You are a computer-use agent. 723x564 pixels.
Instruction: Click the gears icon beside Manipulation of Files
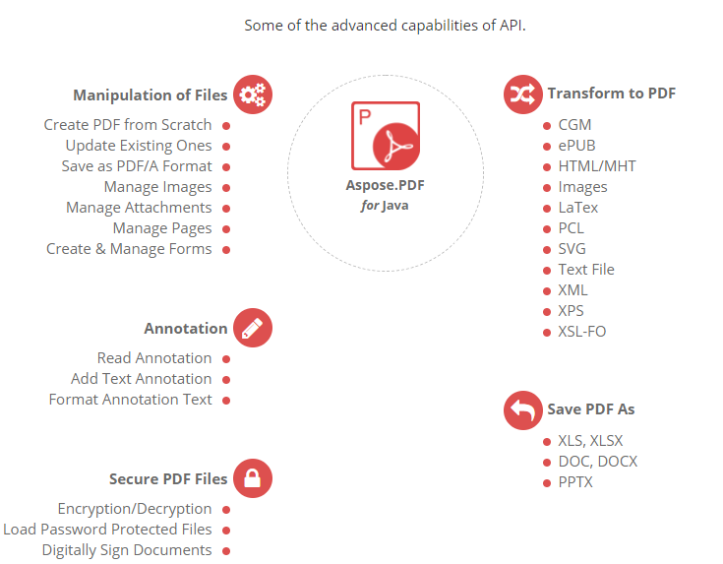(x=253, y=94)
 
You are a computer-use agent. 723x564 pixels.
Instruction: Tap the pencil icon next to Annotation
(x=253, y=329)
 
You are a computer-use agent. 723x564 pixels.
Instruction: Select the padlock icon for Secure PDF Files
(x=253, y=479)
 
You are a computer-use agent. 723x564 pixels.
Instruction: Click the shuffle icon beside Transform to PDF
(x=522, y=94)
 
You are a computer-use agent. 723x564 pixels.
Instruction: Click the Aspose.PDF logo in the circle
(x=386, y=136)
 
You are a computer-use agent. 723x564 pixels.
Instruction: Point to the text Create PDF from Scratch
(x=128, y=125)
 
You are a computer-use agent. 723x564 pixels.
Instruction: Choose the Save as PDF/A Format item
(x=137, y=166)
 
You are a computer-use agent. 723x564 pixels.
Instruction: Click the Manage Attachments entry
(x=139, y=208)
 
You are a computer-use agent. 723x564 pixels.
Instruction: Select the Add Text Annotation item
(x=141, y=379)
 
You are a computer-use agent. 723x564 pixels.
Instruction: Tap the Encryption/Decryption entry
(x=135, y=509)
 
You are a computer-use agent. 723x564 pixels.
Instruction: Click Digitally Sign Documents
(x=127, y=550)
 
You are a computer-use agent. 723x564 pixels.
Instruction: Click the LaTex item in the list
(x=578, y=208)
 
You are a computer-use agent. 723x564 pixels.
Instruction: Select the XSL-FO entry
(x=582, y=332)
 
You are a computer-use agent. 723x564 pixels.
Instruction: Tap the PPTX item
(x=575, y=482)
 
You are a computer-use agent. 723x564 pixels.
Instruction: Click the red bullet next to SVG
(x=547, y=249)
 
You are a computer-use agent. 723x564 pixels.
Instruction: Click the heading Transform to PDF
(x=611, y=94)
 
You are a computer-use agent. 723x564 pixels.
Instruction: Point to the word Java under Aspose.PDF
(x=396, y=206)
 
